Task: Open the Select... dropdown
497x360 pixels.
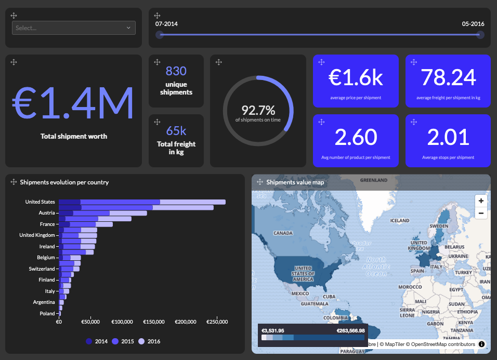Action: tap(73, 28)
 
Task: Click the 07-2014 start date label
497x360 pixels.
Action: tap(166, 24)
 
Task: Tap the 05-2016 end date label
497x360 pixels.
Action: tap(473, 24)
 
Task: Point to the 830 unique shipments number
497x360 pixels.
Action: tap(176, 71)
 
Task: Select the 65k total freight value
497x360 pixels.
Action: tap(176, 131)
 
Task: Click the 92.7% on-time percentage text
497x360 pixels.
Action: tap(258, 110)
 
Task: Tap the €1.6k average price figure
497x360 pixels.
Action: tap(356, 77)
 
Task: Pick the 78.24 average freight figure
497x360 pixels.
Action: tap(448, 77)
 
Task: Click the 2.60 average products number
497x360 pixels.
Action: tap(356, 137)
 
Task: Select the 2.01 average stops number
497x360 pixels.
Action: tap(448, 137)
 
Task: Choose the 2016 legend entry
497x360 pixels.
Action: tap(150, 341)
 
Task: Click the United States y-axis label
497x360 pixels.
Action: tap(40, 202)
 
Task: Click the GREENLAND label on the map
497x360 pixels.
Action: tap(373, 180)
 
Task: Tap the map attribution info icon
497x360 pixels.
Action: tap(481, 344)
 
